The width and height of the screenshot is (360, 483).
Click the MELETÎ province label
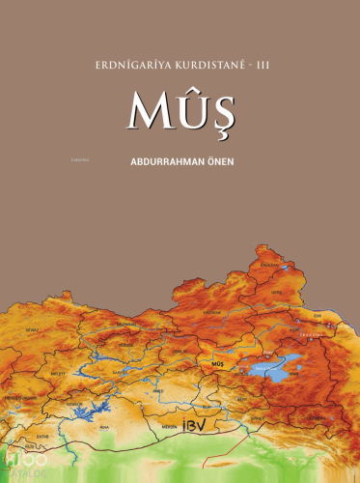click(58, 372)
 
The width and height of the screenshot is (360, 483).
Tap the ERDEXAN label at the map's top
click(270, 263)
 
